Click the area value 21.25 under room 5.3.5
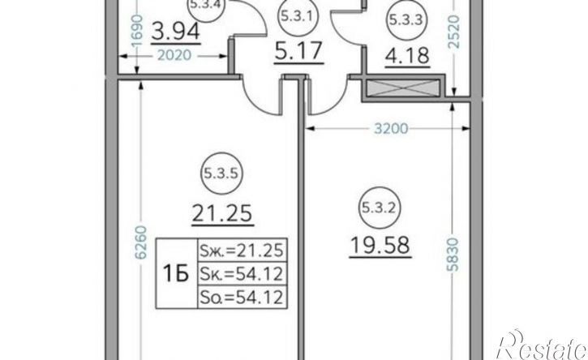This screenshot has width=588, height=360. pyautogui.click(x=222, y=213)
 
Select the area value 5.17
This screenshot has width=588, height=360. pyautogui.click(x=298, y=51)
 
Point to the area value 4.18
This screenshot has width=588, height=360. pyautogui.click(x=407, y=55)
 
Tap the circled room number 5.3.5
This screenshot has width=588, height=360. pyautogui.click(x=222, y=174)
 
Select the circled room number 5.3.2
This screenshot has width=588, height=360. pyautogui.click(x=379, y=208)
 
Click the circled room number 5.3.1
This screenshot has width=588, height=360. pyautogui.click(x=298, y=17)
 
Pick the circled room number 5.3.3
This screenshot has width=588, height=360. pyautogui.click(x=406, y=19)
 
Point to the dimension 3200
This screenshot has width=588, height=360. pyautogui.click(x=391, y=129)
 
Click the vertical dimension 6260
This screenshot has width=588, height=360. pyautogui.click(x=140, y=242)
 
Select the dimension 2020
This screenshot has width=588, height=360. pyautogui.click(x=174, y=55)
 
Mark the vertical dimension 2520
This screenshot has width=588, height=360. pyautogui.click(x=453, y=32)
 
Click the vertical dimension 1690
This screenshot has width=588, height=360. pyautogui.click(x=138, y=31)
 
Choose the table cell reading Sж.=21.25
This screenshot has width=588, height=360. pyautogui.click(x=242, y=250)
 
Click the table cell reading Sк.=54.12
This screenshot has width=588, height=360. pyautogui.click(x=242, y=274)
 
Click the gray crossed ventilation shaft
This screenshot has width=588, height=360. pyautogui.click(x=403, y=88)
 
